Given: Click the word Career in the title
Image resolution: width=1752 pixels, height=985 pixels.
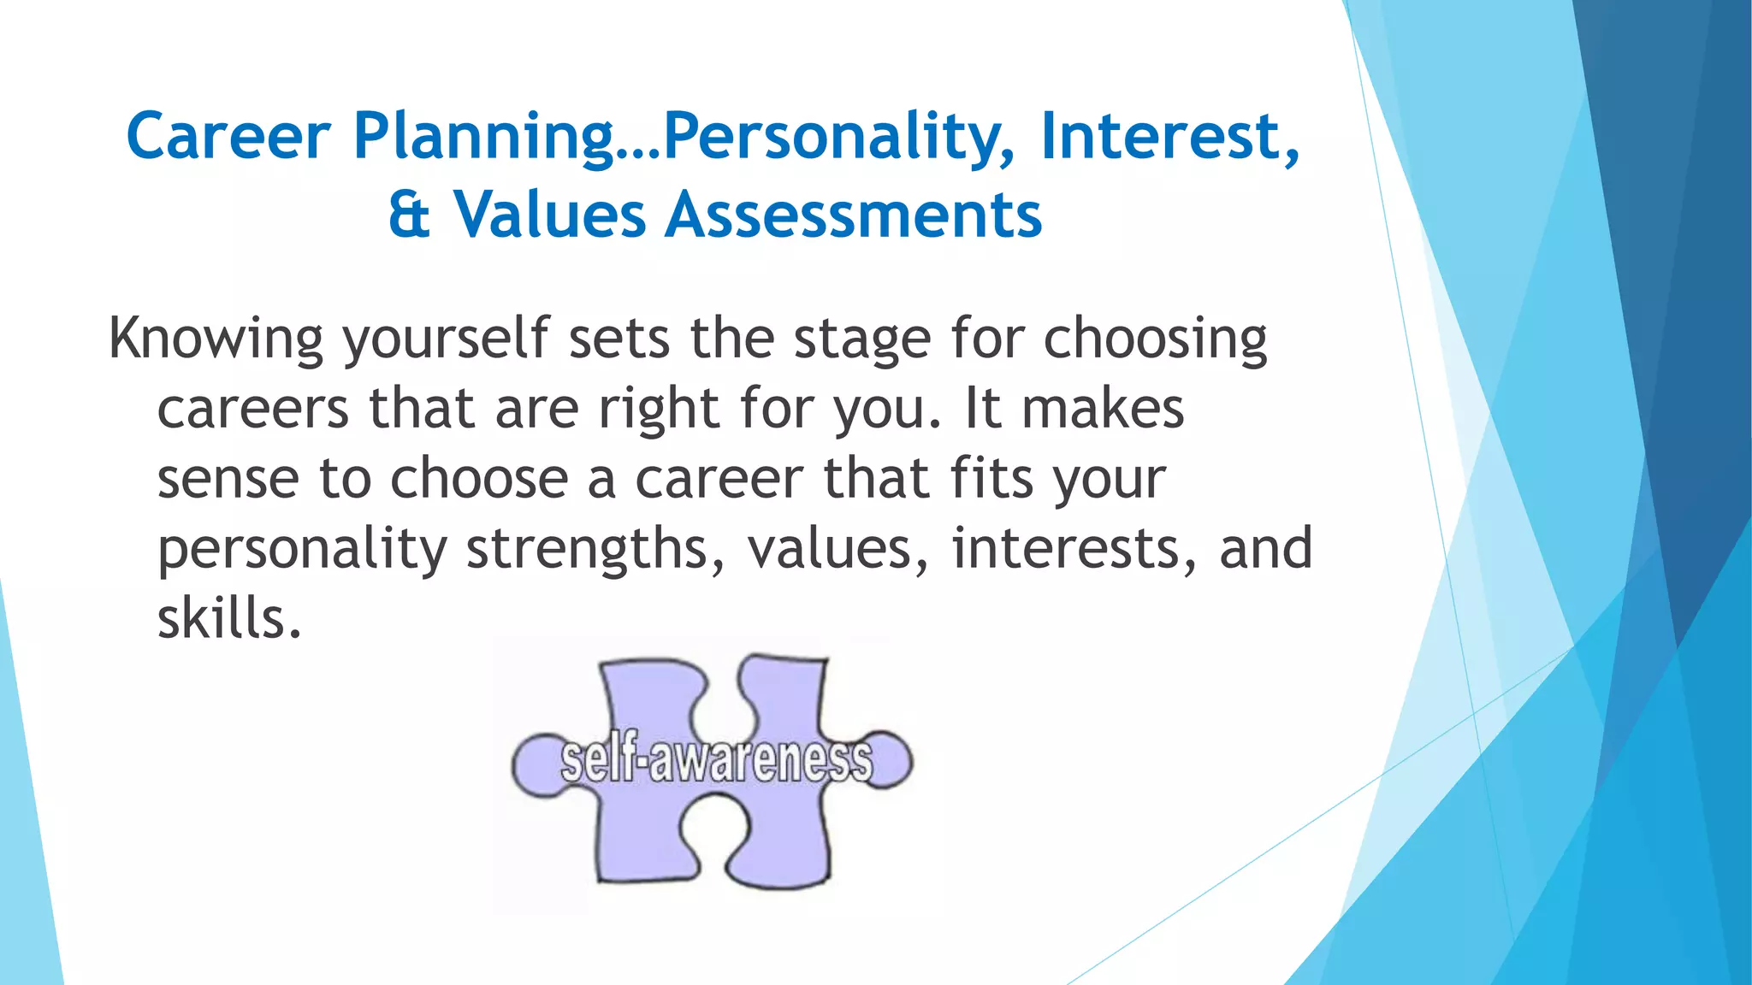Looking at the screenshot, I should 228,137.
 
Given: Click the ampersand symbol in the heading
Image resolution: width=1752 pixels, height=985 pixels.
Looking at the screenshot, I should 409,215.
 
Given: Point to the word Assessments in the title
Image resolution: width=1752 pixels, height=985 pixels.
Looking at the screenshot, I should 854,215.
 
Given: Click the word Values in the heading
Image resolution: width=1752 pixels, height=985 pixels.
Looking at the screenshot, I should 549,215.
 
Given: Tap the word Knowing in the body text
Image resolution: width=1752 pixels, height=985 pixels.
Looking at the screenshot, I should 216,339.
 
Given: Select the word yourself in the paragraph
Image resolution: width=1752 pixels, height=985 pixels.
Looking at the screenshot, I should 445,339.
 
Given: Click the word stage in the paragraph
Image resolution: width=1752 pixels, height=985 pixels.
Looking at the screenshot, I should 861,339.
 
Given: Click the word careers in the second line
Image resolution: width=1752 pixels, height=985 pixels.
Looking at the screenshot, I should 252,409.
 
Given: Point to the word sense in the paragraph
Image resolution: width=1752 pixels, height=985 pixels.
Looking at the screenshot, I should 228,479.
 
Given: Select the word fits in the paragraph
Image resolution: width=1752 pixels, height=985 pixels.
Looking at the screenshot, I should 991,479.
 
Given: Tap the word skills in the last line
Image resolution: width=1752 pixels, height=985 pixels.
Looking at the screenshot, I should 229,618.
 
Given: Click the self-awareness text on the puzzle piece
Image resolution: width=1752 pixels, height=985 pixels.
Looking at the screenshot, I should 716,759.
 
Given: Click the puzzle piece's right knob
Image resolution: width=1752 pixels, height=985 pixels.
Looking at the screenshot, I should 890,759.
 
